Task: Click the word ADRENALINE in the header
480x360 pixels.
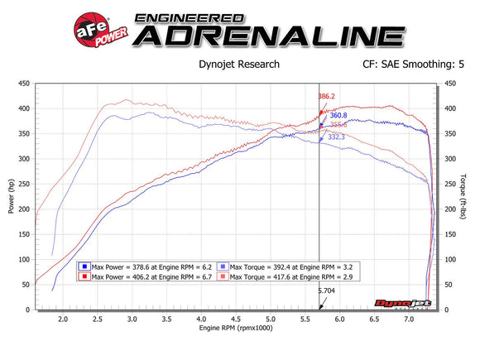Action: [x=269, y=36]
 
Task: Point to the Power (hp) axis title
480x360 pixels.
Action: [x=12, y=197]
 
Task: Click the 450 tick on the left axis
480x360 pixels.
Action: [x=24, y=83]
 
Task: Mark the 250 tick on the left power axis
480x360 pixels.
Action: [x=24, y=184]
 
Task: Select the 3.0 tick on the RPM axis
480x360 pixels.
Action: [x=132, y=318]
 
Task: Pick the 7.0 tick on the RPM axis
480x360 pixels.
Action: [x=409, y=318]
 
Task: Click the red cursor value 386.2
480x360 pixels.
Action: [x=327, y=97]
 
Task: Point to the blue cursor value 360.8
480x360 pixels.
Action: [x=338, y=115]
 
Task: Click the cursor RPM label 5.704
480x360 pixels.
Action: [x=328, y=291]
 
